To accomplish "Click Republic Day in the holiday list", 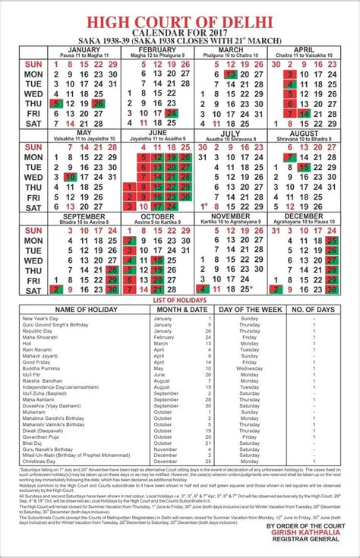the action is pos(37,331).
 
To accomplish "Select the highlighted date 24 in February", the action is pos(172,112).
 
